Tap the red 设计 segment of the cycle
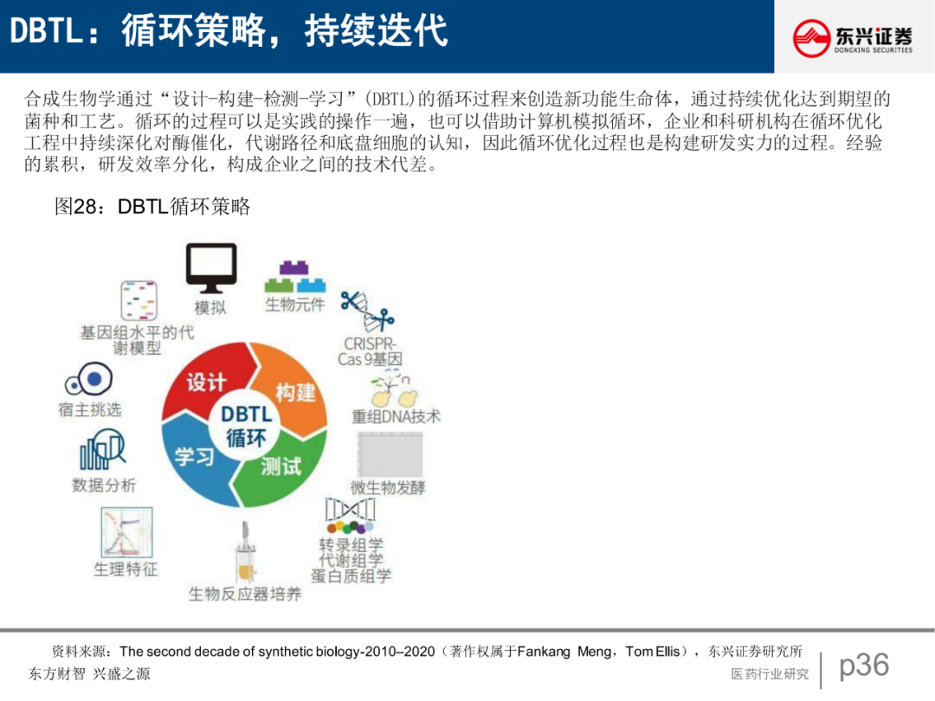coord(207,382)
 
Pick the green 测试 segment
coord(281,466)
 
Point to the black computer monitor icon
coord(210,267)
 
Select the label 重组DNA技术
coord(396,416)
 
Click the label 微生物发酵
coord(388,487)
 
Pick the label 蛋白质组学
coord(351,576)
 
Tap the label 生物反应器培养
coord(245,595)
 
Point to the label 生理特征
coord(126,569)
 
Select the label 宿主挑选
coord(90,409)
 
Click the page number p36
coord(864,665)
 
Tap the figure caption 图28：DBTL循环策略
coord(152,206)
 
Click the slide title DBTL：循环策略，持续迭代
coord(229,32)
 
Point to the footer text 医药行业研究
coord(770,674)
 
